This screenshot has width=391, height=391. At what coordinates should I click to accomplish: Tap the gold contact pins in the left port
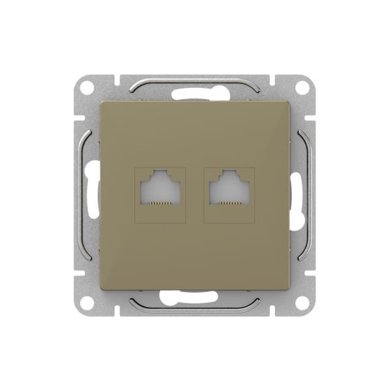(x=160, y=203)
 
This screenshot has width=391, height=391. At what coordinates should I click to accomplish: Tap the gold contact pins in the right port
(x=230, y=203)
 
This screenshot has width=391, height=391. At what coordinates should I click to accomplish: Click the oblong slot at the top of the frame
(x=195, y=92)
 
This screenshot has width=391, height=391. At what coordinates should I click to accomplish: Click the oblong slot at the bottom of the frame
(x=195, y=299)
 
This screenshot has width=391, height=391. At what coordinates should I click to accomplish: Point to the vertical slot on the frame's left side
(x=92, y=195)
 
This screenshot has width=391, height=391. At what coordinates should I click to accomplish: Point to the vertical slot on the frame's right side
(x=299, y=195)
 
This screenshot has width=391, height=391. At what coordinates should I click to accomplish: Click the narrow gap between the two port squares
(x=195, y=195)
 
